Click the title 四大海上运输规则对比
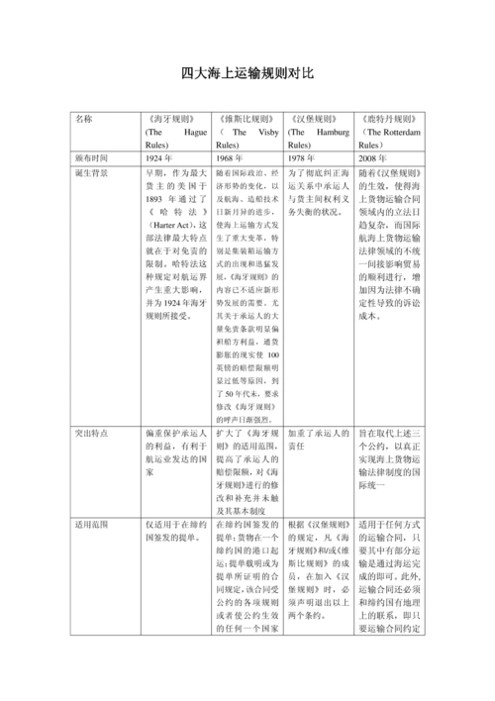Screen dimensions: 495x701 pos(247,74)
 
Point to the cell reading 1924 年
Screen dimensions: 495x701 pos(158,157)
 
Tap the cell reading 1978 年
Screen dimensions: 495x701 pos(301,157)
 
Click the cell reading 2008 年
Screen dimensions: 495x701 pos(373,157)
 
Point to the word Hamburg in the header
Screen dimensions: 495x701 pos(325,131)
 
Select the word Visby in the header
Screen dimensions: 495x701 pos(262,131)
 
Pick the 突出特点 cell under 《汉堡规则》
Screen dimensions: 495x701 pos(318,441)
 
